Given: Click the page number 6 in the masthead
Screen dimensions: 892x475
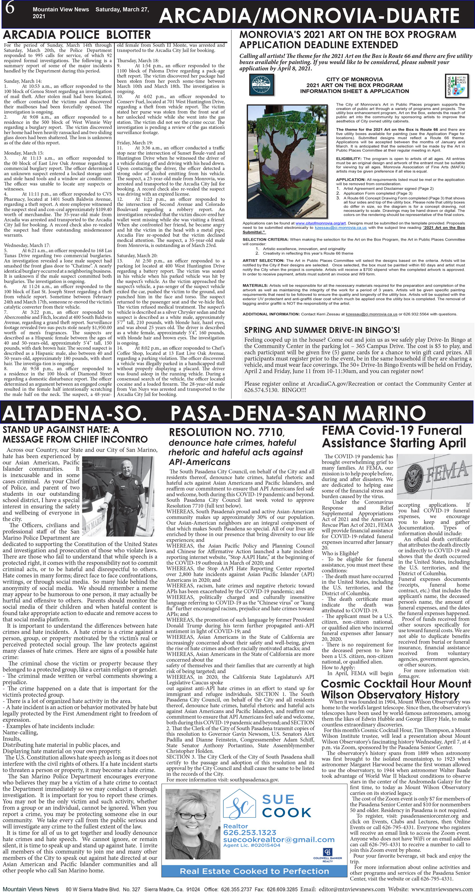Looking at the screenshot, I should point(9,8).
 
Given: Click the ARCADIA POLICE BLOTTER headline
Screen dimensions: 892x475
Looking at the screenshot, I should point(77,35).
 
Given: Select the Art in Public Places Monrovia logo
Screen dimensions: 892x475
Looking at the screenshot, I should point(456,85).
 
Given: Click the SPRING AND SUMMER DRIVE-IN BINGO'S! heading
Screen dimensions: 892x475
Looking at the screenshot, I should point(322,330).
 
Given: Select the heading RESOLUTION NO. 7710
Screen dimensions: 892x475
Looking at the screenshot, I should point(226,432).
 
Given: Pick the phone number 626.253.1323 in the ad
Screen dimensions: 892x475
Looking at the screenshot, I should point(250,833).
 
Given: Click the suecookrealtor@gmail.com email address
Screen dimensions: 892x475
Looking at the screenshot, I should point(279,840).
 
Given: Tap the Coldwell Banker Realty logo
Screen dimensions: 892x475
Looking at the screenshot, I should point(327,853).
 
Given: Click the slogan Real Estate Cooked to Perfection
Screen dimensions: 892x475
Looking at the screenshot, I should point(254,871).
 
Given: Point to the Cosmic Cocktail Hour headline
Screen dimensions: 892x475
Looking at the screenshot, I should point(396,689).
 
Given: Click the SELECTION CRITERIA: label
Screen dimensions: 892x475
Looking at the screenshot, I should point(265,239).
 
